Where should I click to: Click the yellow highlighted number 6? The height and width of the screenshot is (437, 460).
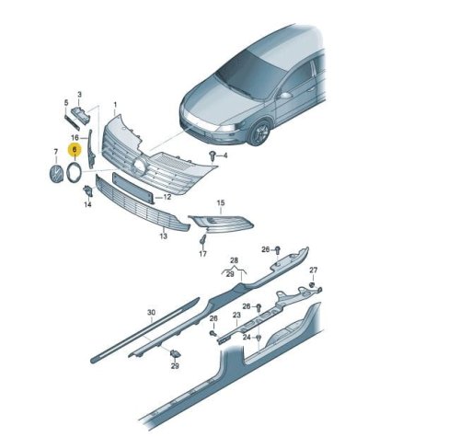click(75, 150)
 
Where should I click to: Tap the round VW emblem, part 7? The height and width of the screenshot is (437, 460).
click(56, 174)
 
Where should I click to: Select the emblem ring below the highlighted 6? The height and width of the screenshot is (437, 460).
click(74, 173)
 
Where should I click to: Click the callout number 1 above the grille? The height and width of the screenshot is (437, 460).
click(115, 105)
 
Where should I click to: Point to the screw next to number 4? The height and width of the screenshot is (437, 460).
click(212, 155)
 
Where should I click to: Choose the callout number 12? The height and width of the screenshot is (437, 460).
click(167, 197)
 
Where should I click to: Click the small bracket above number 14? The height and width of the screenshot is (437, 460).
click(87, 190)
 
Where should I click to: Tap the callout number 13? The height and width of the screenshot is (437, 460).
click(164, 236)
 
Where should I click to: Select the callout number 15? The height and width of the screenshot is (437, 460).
click(221, 202)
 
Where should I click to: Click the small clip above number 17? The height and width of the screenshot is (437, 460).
click(202, 239)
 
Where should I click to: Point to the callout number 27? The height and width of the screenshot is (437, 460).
click(313, 270)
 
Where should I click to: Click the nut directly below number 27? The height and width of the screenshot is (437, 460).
click(313, 284)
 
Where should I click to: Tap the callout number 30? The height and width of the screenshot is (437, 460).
click(151, 313)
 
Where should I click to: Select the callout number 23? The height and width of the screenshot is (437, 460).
click(236, 315)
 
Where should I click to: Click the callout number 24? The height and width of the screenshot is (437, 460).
click(247, 338)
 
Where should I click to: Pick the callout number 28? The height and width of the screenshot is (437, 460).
click(234, 260)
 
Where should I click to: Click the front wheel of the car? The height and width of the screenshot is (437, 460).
click(259, 132)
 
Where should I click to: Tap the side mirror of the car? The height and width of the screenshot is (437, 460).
click(285, 96)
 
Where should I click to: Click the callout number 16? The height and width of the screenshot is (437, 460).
click(75, 137)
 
